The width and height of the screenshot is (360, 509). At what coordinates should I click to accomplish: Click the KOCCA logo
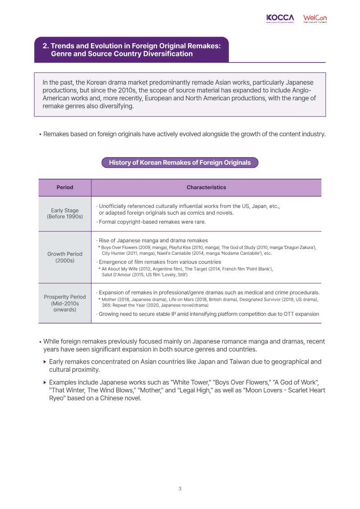tap(280, 18)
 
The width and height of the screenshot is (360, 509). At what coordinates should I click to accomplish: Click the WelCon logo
tap(315, 18)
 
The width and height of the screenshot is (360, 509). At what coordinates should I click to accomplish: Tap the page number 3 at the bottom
tap(180, 489)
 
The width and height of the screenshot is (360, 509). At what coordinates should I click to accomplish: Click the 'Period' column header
tap(65, 187)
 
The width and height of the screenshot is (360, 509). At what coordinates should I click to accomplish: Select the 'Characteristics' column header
tap(206, 187)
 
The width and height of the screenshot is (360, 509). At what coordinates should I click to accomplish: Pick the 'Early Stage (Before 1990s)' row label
tap(65, 214)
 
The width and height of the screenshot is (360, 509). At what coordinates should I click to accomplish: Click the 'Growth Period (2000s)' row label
tap(65, 257)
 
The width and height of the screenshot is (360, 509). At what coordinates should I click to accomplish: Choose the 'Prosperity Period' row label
tap(65, 297)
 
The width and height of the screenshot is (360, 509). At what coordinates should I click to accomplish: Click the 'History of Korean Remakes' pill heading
tap(180, 162)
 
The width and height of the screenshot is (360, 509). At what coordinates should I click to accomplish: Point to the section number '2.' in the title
tap(45, 46)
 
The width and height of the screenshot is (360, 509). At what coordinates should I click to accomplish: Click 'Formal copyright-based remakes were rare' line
tap(152, 222)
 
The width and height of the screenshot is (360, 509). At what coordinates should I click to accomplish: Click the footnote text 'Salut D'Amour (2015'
tap(126, 274)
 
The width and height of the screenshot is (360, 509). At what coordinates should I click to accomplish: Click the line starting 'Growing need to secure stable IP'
tap(208, 314)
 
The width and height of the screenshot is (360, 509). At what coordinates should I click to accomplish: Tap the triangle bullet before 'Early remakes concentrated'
tap(45, 362)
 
